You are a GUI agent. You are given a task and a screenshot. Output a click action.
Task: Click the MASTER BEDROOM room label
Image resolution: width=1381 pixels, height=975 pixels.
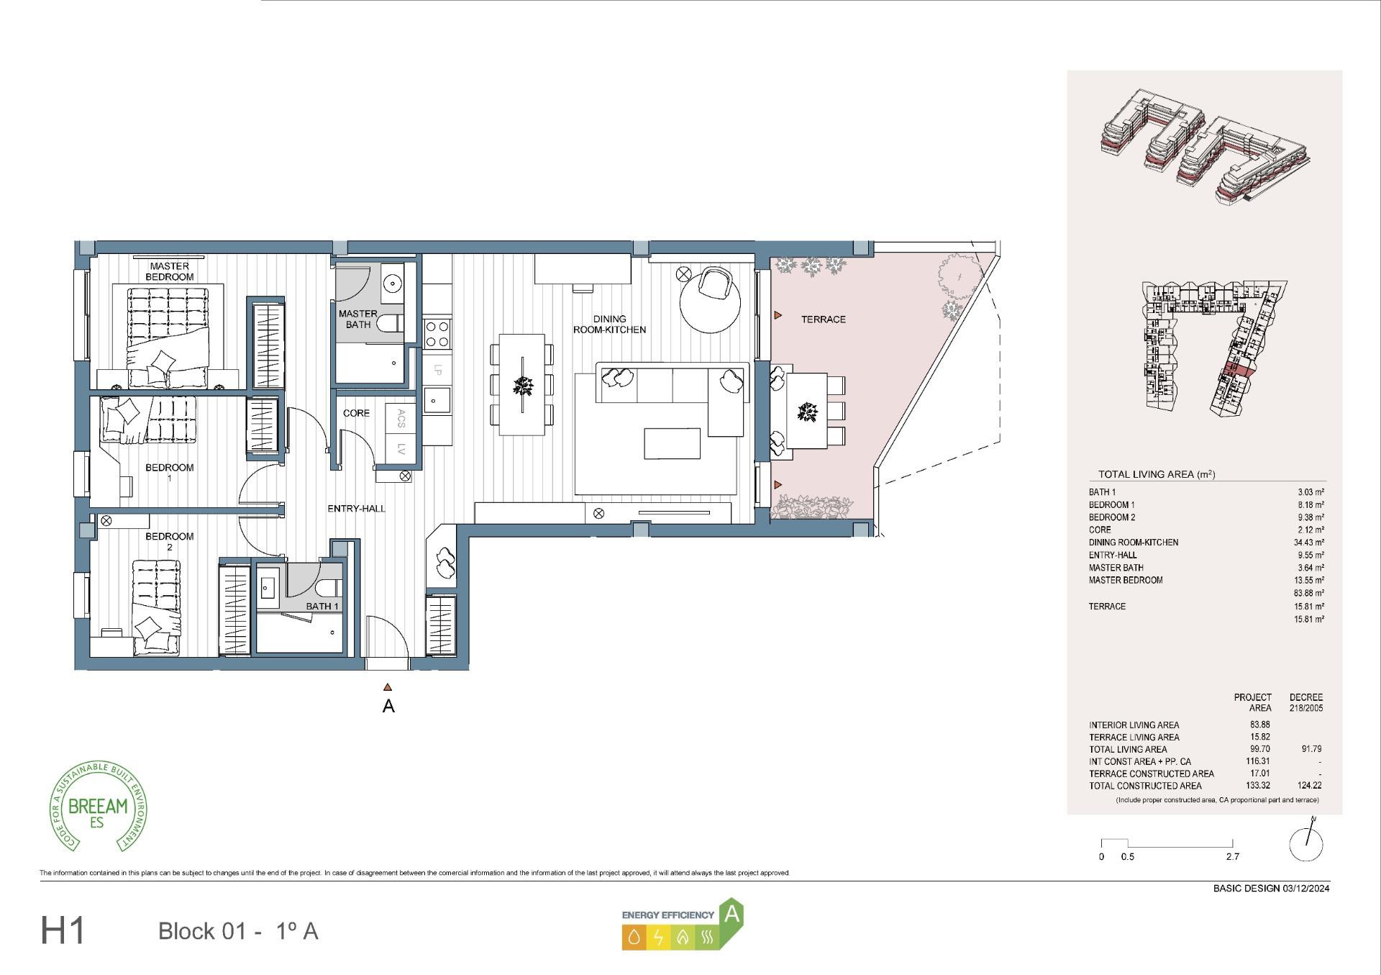coord(170,271)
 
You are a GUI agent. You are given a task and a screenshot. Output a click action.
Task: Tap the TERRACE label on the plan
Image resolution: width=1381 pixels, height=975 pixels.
coord(823,319)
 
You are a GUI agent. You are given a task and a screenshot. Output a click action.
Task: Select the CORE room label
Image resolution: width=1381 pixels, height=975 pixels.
coord(356,413)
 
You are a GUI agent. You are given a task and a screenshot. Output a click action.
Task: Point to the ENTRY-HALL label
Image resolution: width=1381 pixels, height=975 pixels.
coord(356,509)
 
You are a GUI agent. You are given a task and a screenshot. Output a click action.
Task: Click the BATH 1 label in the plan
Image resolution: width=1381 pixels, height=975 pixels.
coord(322,606)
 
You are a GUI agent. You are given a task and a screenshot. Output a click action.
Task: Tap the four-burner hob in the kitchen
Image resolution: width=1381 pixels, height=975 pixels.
coord(437,333)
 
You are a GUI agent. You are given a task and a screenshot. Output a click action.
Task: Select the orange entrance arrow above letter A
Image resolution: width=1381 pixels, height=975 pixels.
coord(388,687)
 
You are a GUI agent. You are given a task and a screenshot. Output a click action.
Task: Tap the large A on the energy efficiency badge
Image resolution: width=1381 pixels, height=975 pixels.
coord(731,914)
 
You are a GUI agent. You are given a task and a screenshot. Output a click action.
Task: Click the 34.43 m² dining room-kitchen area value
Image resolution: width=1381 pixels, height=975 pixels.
coord(1310,543)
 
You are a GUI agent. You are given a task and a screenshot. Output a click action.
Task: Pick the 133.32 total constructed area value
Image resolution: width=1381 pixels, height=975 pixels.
coord(1259,786)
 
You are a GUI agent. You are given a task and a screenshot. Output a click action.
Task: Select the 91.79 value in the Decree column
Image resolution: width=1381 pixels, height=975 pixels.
coord(1311,749)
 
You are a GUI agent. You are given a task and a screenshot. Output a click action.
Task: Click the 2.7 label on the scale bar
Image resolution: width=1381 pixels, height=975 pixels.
coord(1232,857)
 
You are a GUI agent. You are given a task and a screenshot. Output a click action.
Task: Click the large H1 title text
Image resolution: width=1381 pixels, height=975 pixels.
coord(63,930)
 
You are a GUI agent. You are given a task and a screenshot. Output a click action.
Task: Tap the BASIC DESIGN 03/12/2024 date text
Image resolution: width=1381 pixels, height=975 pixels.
coord(1271,888)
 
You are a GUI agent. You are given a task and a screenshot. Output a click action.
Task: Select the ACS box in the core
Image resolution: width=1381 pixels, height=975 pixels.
coord(401,418)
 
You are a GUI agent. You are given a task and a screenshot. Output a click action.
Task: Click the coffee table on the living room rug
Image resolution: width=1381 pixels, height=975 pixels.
coord(672,443)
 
